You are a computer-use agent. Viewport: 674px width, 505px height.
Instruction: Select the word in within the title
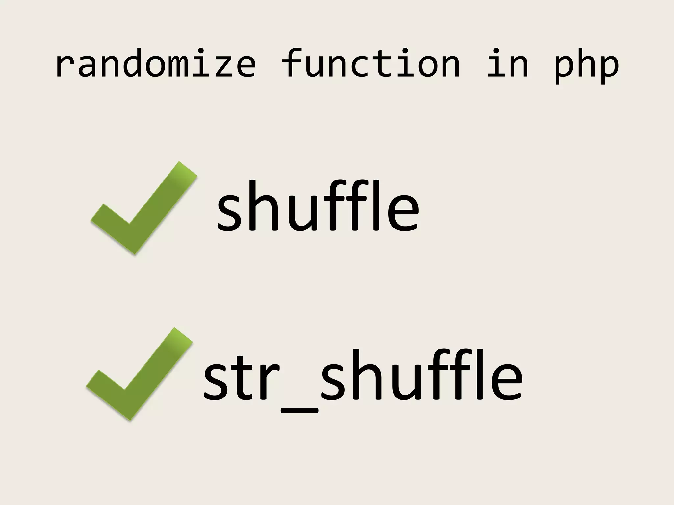[x=507, y=64]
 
